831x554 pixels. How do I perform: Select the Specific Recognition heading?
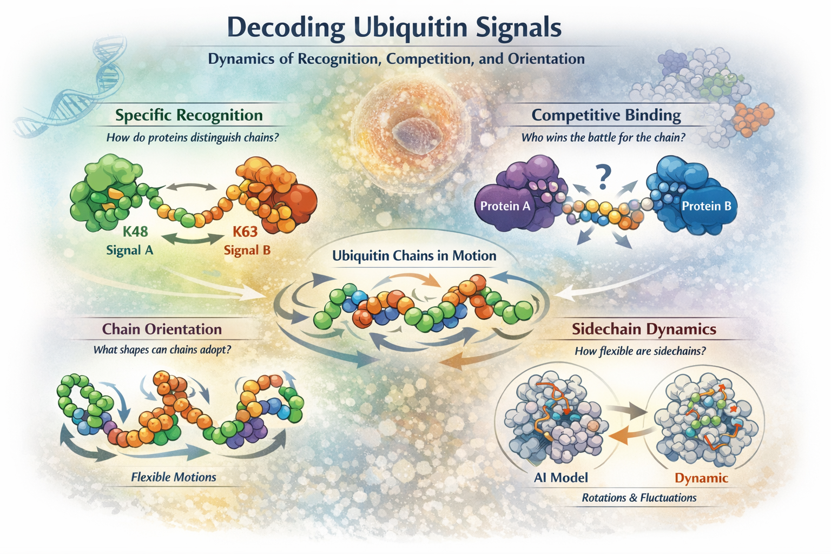point(189,115)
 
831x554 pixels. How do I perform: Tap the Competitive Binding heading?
point(606,115)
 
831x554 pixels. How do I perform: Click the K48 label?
point(135,232)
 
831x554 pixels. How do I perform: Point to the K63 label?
point(245,232)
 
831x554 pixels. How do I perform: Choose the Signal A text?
point(130,250)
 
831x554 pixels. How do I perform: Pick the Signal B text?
point(247,250)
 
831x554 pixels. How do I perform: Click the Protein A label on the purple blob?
point(505,206)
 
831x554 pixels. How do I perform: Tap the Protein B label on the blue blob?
point(706,206)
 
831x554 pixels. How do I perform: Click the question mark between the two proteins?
point(603,177)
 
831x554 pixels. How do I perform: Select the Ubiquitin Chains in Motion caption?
point(414,256)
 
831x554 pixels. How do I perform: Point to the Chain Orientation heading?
point(162,329)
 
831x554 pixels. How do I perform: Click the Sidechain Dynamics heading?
point(644,329)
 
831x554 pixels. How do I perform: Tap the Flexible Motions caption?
point(173,477)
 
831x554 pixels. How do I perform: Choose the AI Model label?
point(560,478)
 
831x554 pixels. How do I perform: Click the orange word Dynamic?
point(701,478)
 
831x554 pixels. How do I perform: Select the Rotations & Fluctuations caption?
point(639,498)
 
